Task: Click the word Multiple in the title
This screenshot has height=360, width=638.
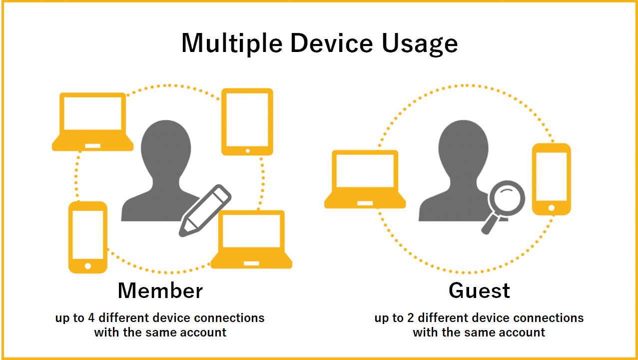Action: [232, 43]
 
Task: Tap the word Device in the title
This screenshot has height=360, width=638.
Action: [332, 43]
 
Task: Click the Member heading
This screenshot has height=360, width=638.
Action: [160, 290]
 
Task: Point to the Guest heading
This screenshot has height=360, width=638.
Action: [479, 290]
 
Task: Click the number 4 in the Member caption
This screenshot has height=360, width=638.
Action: [91, 318]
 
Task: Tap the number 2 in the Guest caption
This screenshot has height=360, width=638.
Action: [410, 318]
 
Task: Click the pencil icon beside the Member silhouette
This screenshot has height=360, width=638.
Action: [205, 210]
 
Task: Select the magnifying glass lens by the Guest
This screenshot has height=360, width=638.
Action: [507, 198]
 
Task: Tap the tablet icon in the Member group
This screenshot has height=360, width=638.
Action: [247, 121]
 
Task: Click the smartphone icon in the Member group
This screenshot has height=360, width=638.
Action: [88, 237]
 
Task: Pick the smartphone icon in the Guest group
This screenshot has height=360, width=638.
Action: [552, 179]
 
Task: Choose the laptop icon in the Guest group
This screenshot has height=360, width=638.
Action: [365, 179]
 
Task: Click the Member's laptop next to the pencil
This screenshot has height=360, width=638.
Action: [251, 239]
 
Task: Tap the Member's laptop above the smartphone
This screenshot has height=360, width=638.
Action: [92, 121]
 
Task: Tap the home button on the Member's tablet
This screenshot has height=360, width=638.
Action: [247, 151]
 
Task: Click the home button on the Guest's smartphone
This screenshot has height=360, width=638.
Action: [552, 208]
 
